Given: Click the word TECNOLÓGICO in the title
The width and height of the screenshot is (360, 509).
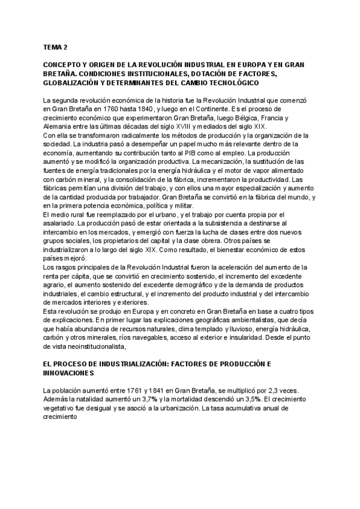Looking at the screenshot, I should click(226, 82).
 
